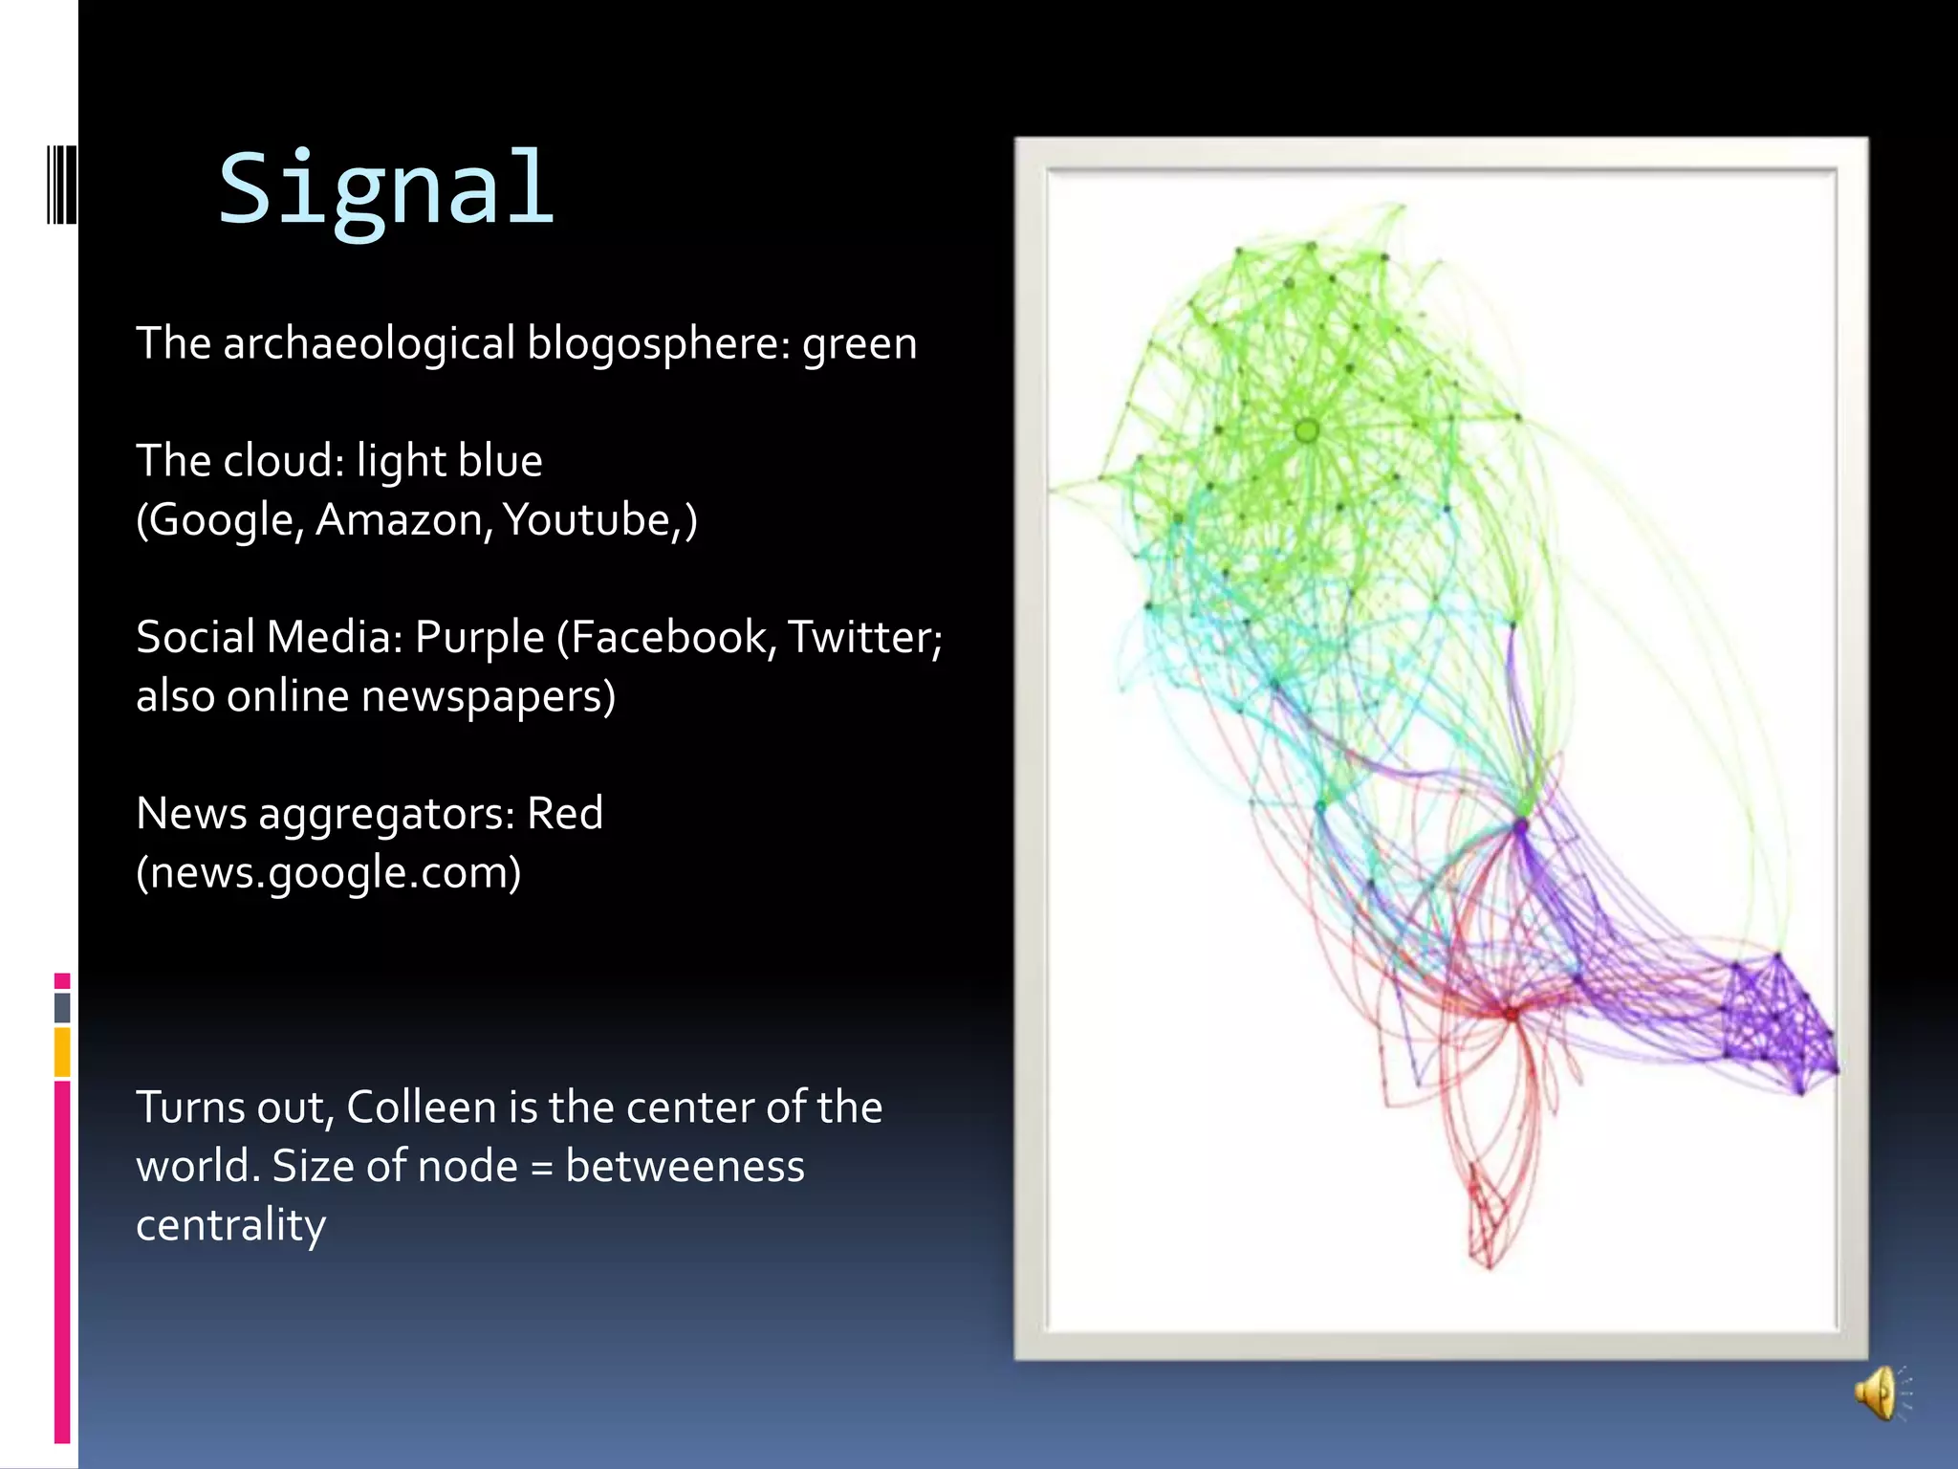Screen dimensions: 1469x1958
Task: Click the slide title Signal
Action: (x=386, y=189)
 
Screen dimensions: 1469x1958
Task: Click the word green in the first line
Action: (x=859, y=344)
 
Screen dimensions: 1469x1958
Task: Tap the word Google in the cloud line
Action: (x=221, y=520)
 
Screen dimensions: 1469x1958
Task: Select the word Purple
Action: (x=479, y=638)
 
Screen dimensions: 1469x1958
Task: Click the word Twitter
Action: (x=860, y=638)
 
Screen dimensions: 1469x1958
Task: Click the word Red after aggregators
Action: (x=565, y=814)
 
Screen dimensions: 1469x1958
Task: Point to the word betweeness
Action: (x=685, y=1167)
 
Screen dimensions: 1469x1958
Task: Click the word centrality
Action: (x=231, y=1225)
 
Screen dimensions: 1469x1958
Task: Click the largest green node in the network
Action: (x=1307, y=431)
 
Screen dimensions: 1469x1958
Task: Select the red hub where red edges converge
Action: (x=1511, y=1013)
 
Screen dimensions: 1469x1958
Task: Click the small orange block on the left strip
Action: (x=62, y=1051)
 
